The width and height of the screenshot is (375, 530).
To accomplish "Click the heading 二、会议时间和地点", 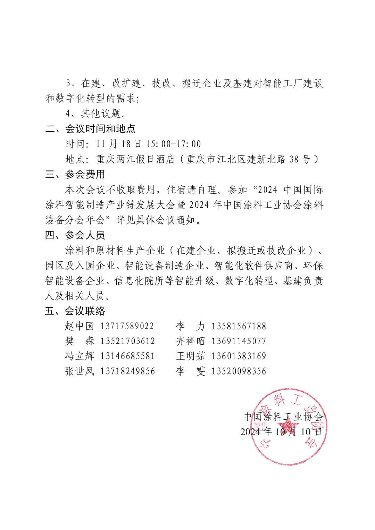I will coord(90,129).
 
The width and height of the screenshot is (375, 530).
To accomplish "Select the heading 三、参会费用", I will coord(75,174).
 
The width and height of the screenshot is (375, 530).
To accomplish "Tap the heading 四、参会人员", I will coord(75,236).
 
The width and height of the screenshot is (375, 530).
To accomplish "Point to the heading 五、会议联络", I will coord(75,311).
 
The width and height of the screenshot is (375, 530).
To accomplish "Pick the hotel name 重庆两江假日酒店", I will coord(135,159).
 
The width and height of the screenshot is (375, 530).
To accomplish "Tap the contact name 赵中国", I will coord(80,326).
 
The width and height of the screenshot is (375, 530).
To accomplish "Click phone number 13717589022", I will coord(127,326).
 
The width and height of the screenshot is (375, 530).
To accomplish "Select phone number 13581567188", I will coord(239,326).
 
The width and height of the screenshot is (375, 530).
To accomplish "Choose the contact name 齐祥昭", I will coord(190,341).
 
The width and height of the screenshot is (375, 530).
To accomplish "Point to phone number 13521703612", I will coord(127,341).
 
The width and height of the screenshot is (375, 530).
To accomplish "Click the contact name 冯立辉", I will coord(80,356).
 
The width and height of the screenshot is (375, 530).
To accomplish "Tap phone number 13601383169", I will coord(239,356).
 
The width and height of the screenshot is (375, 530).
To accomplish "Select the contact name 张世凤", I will coord(80,371).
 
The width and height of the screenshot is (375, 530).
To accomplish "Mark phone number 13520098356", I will coord(239,371).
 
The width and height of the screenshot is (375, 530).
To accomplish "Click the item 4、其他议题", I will coord(95,113).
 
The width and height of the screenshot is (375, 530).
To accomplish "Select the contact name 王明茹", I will coord(190,356).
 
